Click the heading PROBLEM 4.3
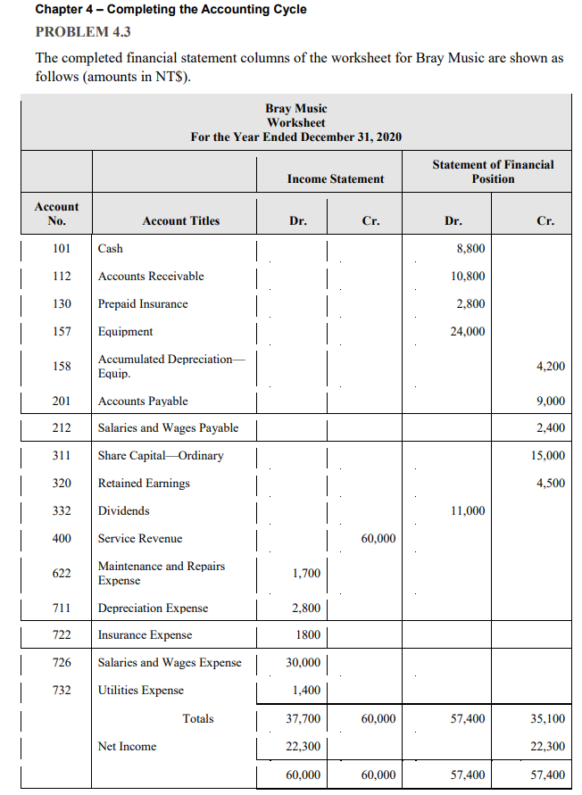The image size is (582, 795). point(82,31)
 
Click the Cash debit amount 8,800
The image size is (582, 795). point(470,249)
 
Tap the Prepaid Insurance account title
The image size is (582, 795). point(143,304)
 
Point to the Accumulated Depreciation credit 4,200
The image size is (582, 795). point(550,367)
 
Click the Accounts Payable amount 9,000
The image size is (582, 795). point(550,402)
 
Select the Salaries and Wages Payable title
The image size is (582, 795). point(168,428)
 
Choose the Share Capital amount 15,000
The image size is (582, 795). point(547,456)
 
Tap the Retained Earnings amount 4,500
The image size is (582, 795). point(550,484)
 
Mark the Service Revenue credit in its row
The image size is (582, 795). point(378,539)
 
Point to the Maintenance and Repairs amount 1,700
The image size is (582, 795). point(306,574)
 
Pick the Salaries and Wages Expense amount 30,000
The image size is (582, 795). point(303,663)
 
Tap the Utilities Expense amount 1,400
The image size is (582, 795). point(306,691)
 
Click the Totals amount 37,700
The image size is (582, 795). point(303,718)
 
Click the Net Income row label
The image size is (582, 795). point(127,747)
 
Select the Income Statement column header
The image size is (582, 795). point(336,179)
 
